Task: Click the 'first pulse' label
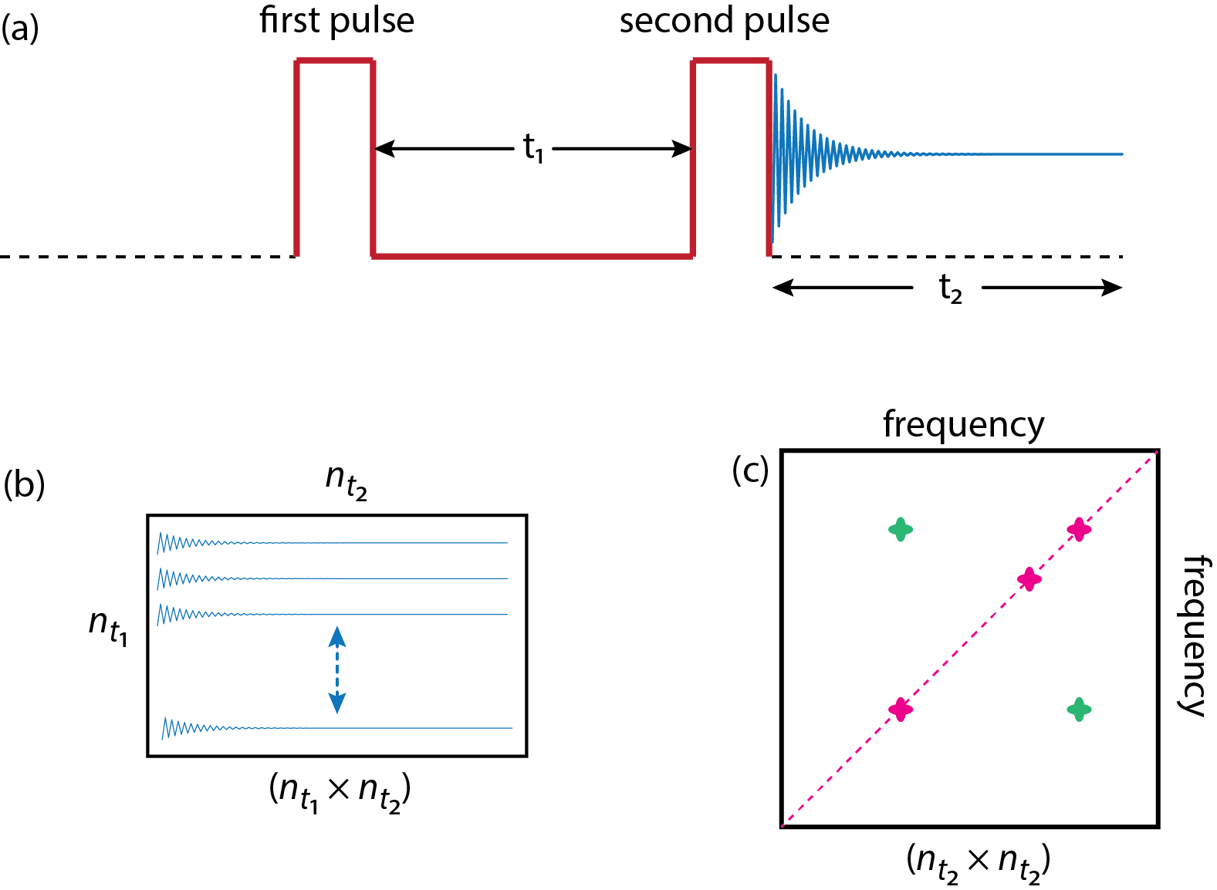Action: click(336, 21)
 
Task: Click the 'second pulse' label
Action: click(724, 21)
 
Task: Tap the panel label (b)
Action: click(24, 485)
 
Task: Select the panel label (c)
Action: click(750, 470)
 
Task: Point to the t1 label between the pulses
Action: click(533, 147)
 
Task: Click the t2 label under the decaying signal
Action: click(950, 289)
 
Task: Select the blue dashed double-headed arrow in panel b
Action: click(337, 669)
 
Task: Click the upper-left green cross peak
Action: click(901, 529)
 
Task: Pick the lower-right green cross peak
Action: click(1079, 710)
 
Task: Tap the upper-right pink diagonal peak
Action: click(1079, 529)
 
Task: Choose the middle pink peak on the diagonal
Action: click(1029, 578)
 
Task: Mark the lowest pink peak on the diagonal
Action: click(901, 710)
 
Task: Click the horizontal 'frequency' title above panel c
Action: click(963, 425)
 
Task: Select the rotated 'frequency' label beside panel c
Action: click(1194, 635)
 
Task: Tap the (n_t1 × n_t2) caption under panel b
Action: click(340, 791)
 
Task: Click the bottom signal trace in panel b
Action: click(337, 728)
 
